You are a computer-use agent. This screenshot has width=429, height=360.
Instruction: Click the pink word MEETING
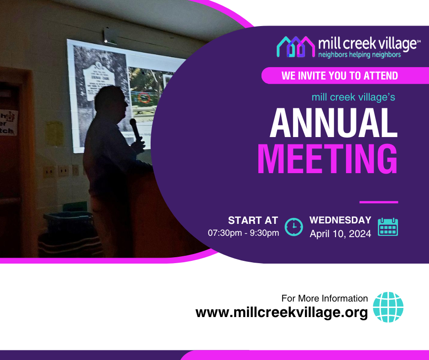327,159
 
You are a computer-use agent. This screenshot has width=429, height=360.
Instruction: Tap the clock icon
294,227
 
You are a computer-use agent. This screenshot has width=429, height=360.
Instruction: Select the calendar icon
388,227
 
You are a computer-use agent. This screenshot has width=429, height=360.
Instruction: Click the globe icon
388,307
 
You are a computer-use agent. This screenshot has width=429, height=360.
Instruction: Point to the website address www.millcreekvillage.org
282,313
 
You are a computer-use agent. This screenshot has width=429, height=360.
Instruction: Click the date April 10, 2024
340,234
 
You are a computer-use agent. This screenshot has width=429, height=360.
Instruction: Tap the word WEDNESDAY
340,220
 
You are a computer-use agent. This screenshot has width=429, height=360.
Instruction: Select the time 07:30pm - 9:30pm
243,233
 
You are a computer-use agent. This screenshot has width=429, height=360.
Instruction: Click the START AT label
253,220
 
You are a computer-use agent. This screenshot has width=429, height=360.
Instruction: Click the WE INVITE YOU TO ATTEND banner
340,75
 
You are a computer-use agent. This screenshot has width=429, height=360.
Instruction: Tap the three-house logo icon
296,47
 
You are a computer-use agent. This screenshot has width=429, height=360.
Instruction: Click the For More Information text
324,298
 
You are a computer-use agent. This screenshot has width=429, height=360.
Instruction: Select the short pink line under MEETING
378,201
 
